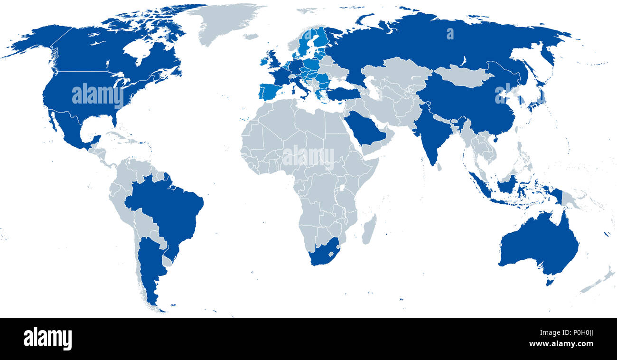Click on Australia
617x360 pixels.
tap(539, 245)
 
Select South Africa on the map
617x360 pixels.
tap(323, 252)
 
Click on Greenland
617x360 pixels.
tap(223, 21)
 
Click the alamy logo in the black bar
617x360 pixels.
tap(47, 338)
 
